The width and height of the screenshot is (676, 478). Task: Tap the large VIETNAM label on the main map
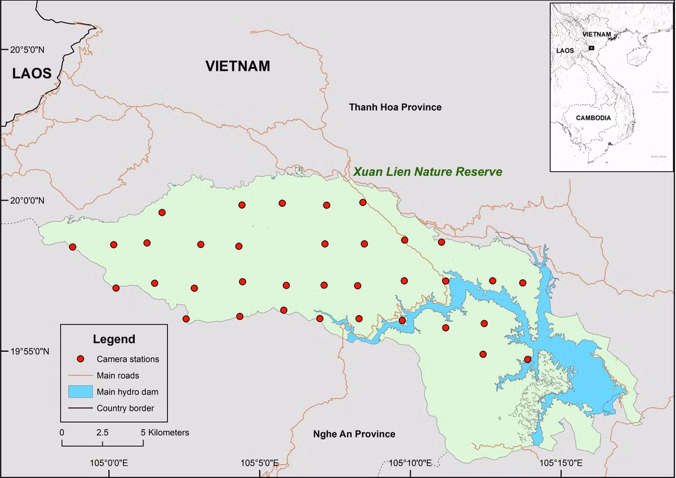(x=238, y=66)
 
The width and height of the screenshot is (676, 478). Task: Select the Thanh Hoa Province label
(x=395, y=107)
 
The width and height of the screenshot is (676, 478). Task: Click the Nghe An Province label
(x=354, y=434)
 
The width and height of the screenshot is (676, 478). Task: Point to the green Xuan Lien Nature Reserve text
(x=427, y=171)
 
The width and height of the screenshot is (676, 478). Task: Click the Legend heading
(x=114, y=339)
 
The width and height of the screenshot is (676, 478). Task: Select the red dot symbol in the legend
(x=81, y=359)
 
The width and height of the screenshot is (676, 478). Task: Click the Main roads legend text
(x=118, y=375)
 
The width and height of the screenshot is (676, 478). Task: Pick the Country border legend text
(x=125, y=408)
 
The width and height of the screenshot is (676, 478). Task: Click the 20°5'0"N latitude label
(x=26, y=50)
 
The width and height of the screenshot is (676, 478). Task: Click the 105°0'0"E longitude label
(x=109, y=463)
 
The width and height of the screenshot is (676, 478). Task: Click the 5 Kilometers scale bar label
(x=166, y=432)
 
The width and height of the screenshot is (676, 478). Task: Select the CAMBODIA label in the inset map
(x=593, y=118)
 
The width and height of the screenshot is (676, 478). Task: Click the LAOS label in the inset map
(x=565, y=50)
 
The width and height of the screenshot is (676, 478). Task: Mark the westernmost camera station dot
(x=72, y=247)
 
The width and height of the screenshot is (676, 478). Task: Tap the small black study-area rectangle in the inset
(x=591, y=48)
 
